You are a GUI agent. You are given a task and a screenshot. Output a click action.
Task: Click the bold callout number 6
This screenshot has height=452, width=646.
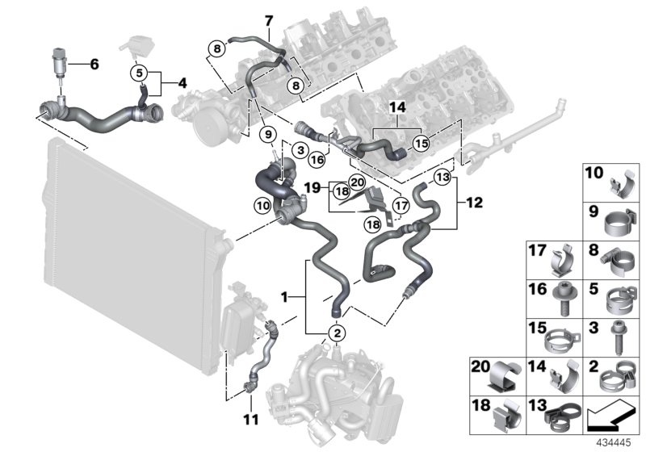click(94, 64)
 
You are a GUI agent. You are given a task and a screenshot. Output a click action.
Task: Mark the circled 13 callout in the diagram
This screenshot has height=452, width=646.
click(443, 177)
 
